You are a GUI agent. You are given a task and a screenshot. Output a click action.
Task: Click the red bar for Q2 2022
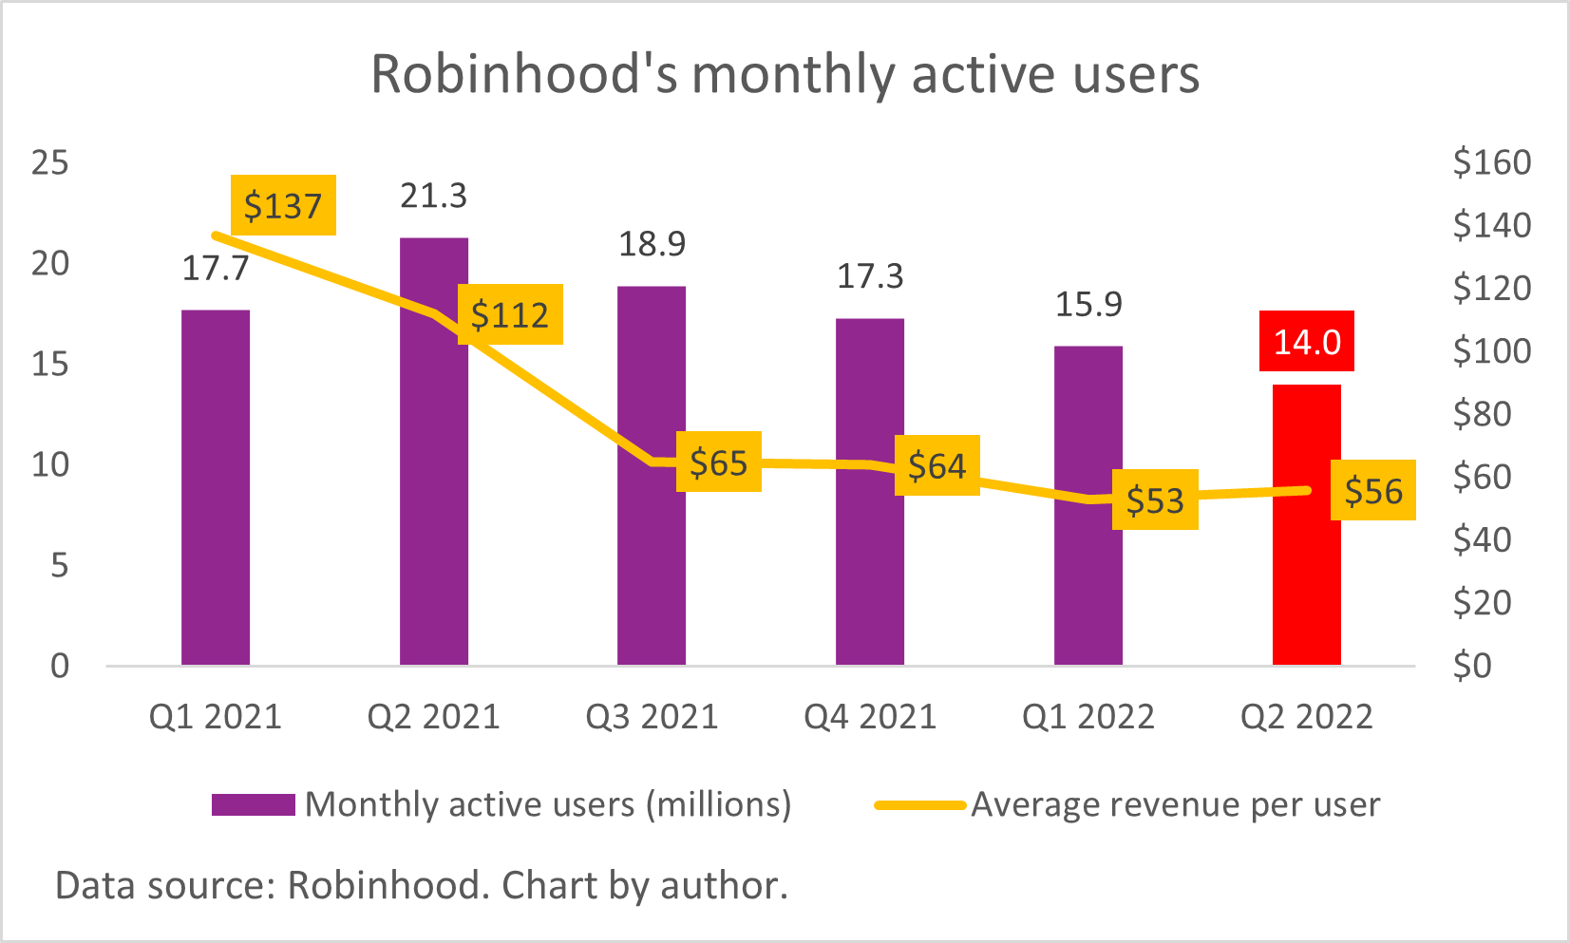1306,570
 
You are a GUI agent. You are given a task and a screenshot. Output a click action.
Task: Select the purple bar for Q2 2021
434,532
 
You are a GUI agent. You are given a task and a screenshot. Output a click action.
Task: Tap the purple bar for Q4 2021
870,570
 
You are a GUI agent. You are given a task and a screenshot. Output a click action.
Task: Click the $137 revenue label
283,205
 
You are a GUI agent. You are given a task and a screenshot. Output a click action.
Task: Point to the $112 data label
510,314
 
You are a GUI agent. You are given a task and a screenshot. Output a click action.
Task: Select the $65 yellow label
719,462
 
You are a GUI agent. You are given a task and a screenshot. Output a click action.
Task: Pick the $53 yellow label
1155,500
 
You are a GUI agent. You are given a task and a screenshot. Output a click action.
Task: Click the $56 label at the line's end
1373,491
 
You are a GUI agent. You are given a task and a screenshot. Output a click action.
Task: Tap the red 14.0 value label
1307,342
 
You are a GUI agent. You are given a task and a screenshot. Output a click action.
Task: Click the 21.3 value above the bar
433,196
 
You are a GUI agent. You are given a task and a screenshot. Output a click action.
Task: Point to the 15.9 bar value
1088,304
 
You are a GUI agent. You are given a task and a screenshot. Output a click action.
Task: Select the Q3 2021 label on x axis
652,716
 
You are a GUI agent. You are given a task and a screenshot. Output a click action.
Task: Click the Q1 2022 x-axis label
1088,716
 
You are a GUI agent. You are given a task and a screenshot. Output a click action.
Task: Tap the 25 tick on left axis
49,162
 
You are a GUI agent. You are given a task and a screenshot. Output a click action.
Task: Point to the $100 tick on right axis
1491,351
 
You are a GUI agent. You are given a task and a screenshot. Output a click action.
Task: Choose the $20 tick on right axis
1482,602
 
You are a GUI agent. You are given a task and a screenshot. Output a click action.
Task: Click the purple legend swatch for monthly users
253,804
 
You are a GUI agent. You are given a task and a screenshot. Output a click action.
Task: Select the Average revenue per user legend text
1175,804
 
